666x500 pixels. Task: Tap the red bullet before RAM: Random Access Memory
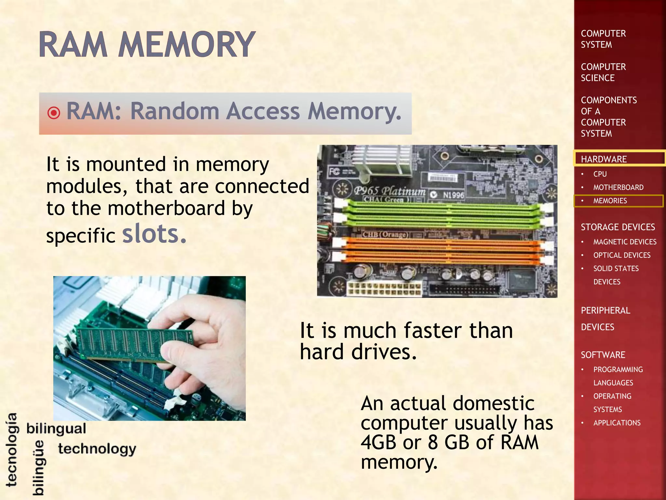coord(54,113)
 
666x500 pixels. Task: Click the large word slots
coord(154,234)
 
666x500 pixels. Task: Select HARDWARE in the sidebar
coord(604,159)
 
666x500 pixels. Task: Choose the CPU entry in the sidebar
coord(600,174)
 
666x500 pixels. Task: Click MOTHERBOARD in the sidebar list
coord(618,187)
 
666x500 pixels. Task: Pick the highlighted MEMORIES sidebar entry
coord(610,201)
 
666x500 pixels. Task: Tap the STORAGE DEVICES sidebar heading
coord(618,227)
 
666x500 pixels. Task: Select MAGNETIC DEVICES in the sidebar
coord(624,242)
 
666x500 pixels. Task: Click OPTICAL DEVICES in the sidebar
coord(621,255)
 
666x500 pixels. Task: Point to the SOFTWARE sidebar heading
coord(603,355)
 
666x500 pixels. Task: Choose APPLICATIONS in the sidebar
coord(617,423)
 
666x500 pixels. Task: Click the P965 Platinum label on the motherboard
coord(390,191)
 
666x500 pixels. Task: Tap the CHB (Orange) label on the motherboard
coord(385,234)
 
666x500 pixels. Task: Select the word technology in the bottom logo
coord(97,449)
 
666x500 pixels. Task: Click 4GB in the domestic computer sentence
coord(377,442)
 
